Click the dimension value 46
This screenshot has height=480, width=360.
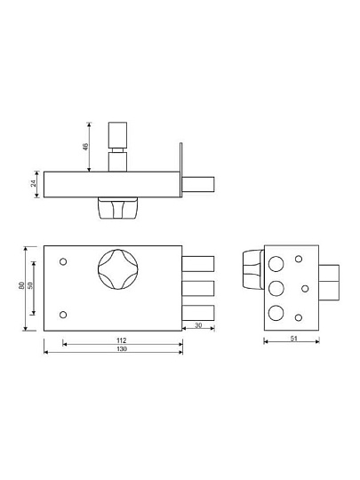coord(85,147)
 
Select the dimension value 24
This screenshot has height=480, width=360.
coord(34,183)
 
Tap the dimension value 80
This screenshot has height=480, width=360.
coord(21,286)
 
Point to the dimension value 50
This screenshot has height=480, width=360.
coord(30,285)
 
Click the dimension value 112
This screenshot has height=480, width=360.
coord(122,340)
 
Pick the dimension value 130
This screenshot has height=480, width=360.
coord(122,349)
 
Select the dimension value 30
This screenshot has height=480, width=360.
coord(198,325)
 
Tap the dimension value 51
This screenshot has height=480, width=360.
coord(293,339)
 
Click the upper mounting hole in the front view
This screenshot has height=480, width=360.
coord(63,262)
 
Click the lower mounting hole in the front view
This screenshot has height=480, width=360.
coord(63,315)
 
